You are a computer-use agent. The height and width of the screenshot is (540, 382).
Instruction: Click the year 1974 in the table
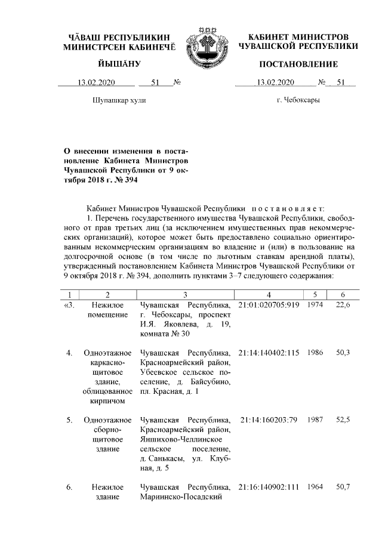coord(315,305)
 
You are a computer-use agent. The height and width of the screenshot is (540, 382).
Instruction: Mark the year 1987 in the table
coord(315,420)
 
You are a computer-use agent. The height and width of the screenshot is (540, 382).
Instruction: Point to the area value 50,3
coord(343,353)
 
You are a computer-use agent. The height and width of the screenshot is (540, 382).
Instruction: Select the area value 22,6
coord(343,305)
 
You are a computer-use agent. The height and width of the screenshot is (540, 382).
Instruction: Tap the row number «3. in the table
coord(69,305)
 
